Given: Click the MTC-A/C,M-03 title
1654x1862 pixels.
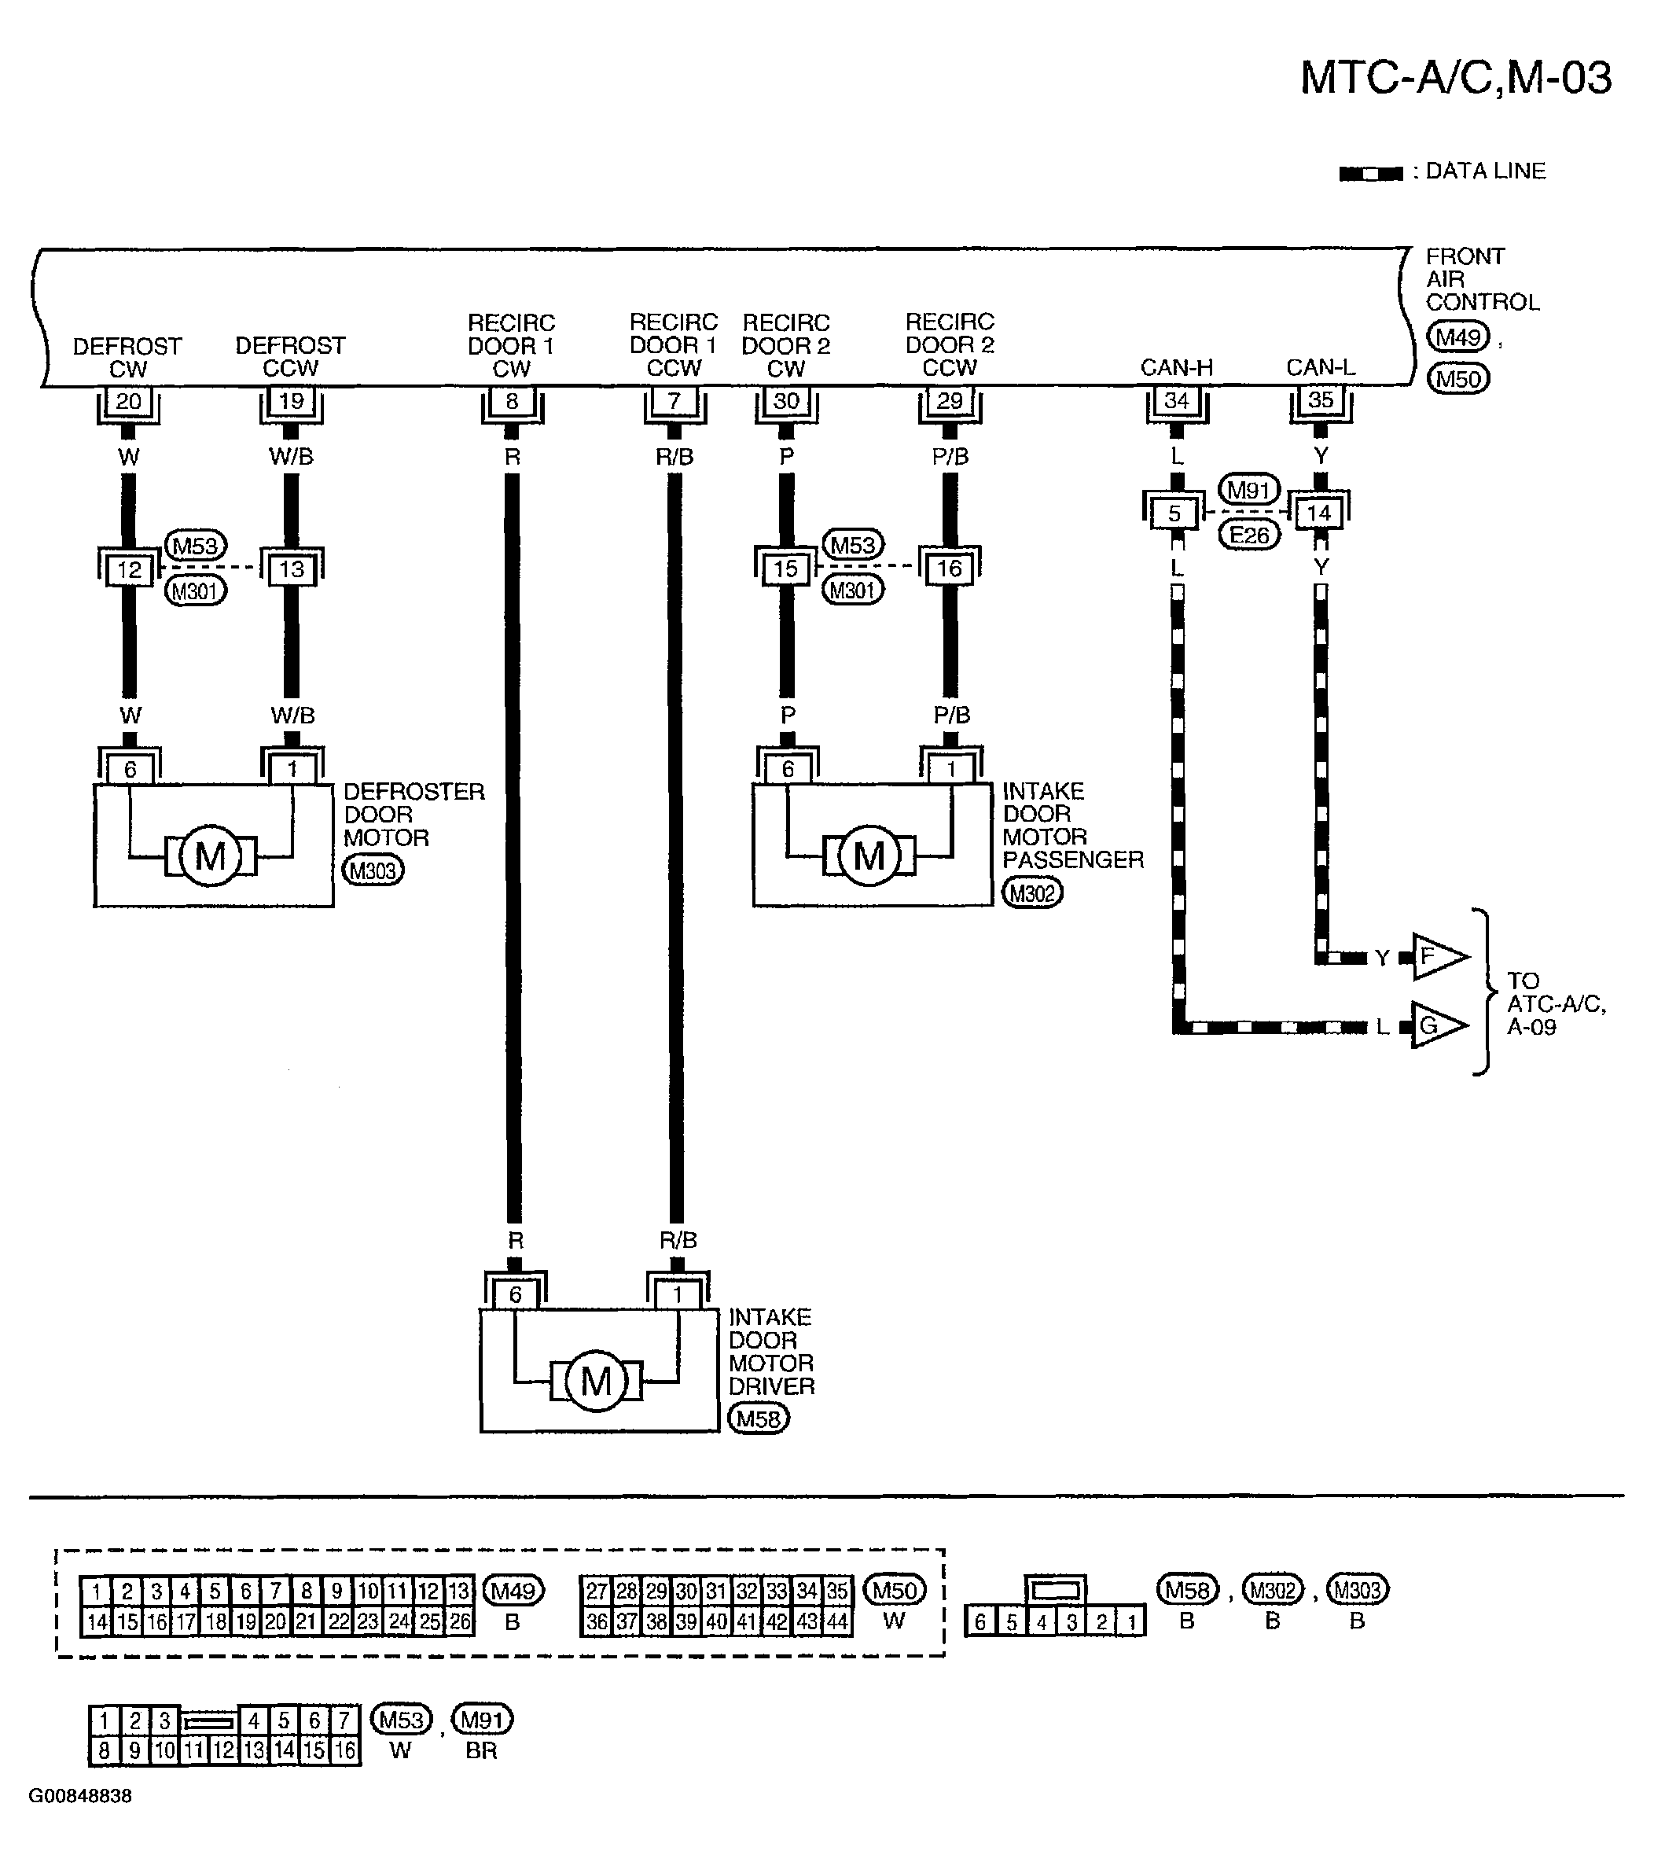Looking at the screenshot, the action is tap(1455, 79).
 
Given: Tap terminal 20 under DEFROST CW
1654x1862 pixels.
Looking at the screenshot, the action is tap(128, 401).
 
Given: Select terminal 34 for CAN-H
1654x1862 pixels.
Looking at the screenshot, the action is tap(1177, 400).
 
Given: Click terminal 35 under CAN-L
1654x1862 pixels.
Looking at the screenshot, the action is tap(1321, 400).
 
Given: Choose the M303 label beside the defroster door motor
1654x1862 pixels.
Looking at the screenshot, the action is tap(373, 871).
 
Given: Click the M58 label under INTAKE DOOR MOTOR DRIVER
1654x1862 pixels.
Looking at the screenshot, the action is tap(759, 1419).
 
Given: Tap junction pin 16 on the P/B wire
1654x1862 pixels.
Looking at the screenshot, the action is tap(949, 569).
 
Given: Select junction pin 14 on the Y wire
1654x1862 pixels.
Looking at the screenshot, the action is tap(1319, 513).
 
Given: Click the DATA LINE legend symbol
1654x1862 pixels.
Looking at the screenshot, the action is tap(1371, 174).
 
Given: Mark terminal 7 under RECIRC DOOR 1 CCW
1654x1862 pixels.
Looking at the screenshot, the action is tap(674, 401).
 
